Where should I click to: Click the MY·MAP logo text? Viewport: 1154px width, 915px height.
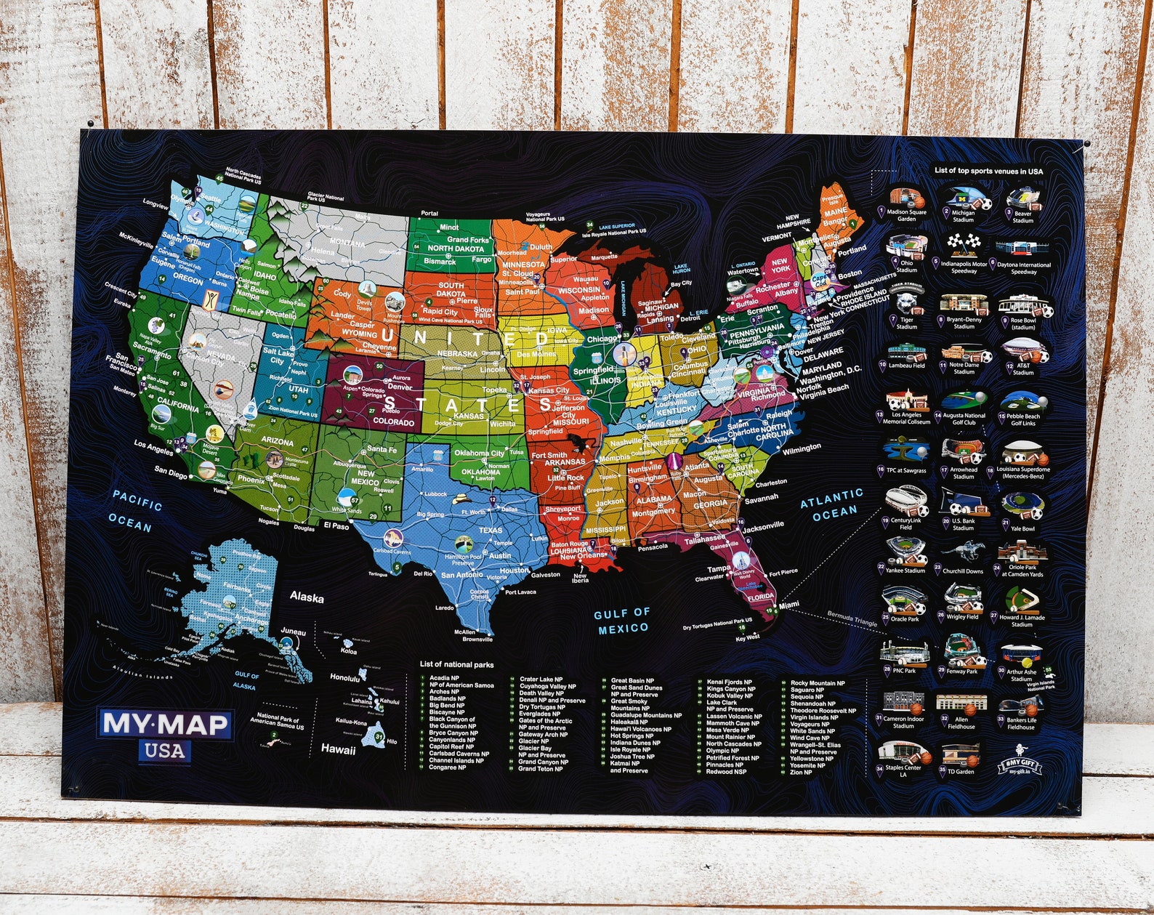pyautogui.click(x=166, y=724)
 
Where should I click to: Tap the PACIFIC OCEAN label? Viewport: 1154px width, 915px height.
pyautogui.click(x=134, y=511)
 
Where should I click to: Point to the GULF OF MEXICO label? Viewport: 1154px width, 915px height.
pyautogui.click(x=622, y=621)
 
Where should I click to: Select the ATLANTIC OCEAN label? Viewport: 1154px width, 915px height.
pyautogui.click(x=831, y=504)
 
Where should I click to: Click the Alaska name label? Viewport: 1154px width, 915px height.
pyautogui.click(x=307, y=597)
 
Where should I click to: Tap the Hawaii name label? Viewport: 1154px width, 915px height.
pyautogui.click(x=339, y=749)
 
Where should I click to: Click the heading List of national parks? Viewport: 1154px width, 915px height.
pyautogui.click(x=456, y=664)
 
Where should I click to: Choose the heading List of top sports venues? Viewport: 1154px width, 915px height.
pyautogui.click(x=988, y=172)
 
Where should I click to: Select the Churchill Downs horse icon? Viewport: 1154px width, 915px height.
pyautogui.click(x=963, y=553)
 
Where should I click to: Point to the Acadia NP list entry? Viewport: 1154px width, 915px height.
pyautogui.click(x=444, y=678)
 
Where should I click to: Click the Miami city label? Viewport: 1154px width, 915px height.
pyautogui.click(x=788, y=605)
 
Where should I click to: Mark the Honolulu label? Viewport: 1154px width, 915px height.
pyautogui.click(x=344, y=677)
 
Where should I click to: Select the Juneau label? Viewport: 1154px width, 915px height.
pyautogui.click(x=294, y=632)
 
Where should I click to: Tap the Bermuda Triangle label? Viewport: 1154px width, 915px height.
pyautogui.click(x=852, y=619)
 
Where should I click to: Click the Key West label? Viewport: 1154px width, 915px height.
pyautogui.click(x=747, y=637)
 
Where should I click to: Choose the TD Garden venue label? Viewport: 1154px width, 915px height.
pyautogui.click(x=961, y=771)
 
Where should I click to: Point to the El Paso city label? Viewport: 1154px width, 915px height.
pyautogui.click(x=336, y=525)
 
